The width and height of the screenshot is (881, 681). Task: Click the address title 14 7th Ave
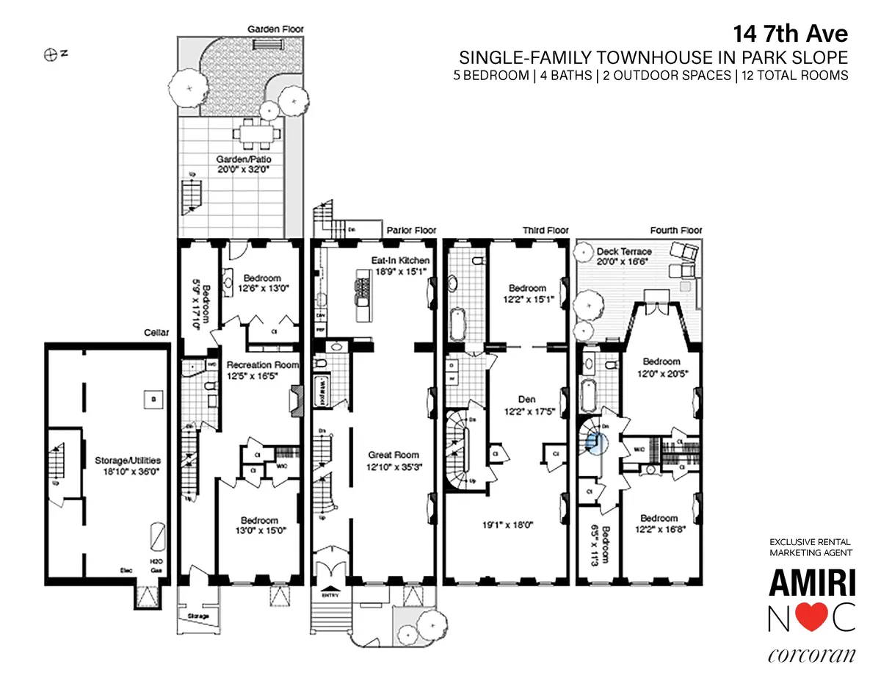pyautogui.click(x=791, y=35)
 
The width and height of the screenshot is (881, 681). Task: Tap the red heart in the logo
pyautogui.click(x=812, y=619)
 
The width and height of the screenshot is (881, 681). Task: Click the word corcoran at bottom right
pyautogui.click(x=812, y=654)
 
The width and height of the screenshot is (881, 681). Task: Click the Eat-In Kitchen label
pyautogui.click(x=400, y=260)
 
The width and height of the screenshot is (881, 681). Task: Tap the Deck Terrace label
pyautogui.click(x=624, y=251)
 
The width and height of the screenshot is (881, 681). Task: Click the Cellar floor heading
pyautogui.click(x=157, y=333)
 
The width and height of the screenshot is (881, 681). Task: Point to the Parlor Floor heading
pyautogui.click(x=411, y=231)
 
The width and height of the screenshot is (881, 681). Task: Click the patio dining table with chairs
pyautogui.click(x=257, y=134)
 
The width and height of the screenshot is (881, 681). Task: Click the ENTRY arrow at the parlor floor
pyautogui.click(x=332, y=589)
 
